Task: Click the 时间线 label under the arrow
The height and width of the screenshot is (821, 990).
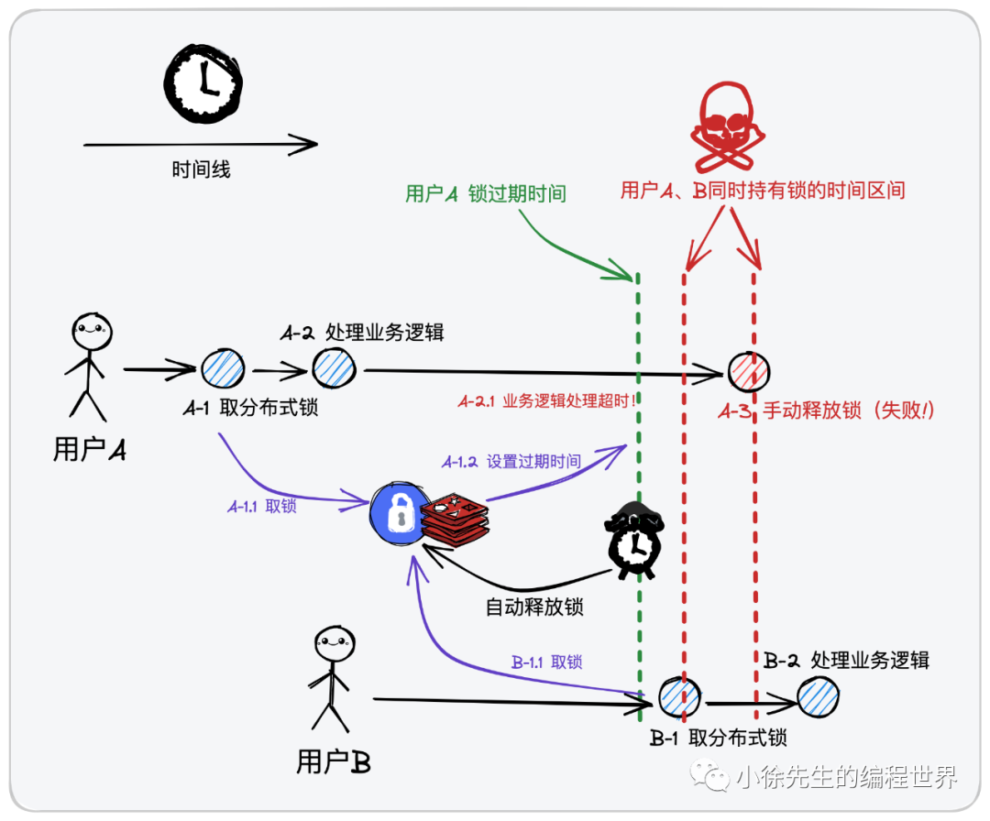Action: (201, 170)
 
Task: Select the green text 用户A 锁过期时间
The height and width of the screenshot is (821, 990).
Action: (485, 193)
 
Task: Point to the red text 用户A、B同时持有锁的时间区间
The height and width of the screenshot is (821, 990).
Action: (763, 191)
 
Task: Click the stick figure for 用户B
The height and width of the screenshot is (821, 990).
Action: (329, 679)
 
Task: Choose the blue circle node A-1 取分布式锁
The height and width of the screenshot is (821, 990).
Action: (223, 369)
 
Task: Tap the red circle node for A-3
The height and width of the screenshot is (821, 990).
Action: (749, 372)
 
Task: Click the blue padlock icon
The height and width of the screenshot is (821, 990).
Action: (397, 515)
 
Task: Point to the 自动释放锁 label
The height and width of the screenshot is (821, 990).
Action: (533, 606)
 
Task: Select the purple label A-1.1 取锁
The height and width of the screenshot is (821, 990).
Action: (261, 506)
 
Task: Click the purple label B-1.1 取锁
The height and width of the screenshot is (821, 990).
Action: (546, 662)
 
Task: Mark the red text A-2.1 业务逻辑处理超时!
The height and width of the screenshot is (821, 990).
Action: (547, 401)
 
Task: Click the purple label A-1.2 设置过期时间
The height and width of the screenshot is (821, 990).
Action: (511, 461)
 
